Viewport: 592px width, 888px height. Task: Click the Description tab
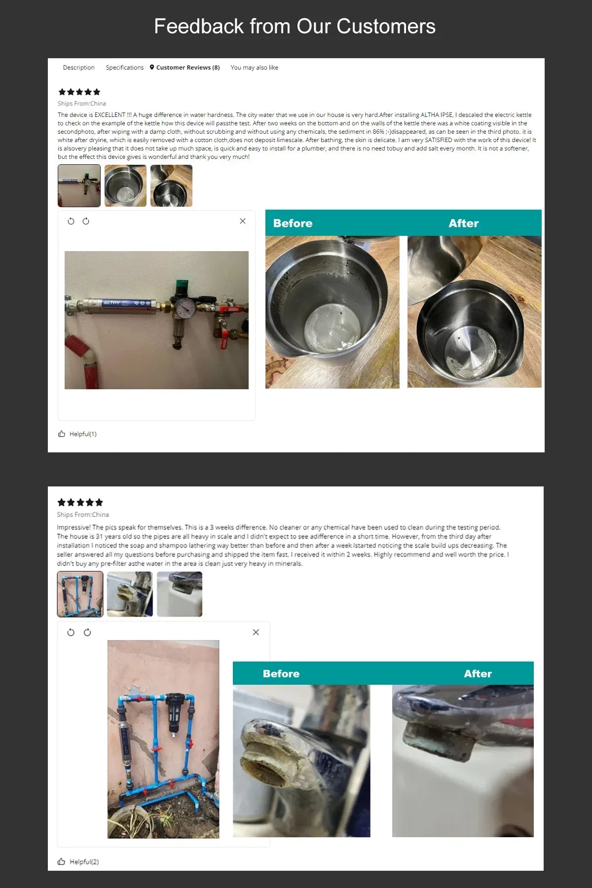tap(78, 68)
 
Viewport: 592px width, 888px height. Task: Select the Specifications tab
tap(124, 68)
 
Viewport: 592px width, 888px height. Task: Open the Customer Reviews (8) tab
tap(185, 68)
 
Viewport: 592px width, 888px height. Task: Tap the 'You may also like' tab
tap(254, 68)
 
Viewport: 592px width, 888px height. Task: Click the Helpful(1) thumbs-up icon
tap(62, 434)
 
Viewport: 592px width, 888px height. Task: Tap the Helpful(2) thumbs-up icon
tap(62, 861)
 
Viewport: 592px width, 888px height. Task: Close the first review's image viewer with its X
tap(243, 221)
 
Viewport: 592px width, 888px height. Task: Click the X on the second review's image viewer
tap(256, 632)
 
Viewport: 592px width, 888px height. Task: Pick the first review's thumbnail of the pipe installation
tap(79, 185)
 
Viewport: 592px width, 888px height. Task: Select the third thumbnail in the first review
tap(171, 185)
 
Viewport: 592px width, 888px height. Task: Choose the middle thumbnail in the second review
tap(130, 594)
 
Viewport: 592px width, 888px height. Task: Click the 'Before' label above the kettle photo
tap(293, 223)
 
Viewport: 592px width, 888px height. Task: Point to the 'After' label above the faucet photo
tap(478, 674)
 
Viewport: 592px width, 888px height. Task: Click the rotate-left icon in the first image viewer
tap(71, 221)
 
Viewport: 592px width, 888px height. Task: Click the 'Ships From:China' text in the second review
tap(83, 515)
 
